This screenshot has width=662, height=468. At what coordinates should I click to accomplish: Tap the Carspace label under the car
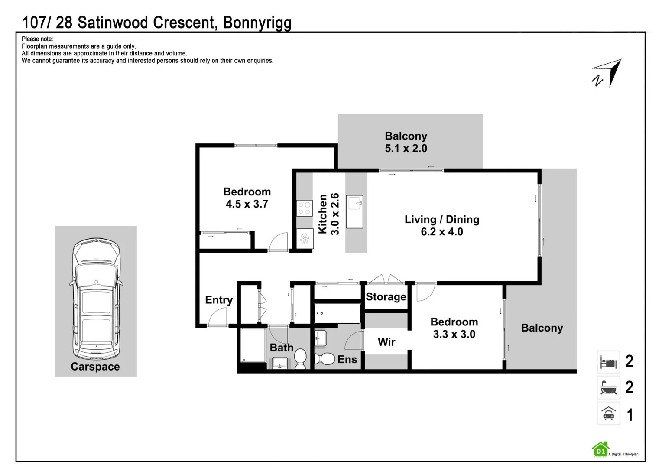coord(95,367)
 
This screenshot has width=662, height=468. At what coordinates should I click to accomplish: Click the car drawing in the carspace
coord(96,298)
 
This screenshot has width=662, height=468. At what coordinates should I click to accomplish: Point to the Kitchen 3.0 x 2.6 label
coord(329,214)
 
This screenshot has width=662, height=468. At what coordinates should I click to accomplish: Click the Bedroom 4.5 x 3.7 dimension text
coord(247,204)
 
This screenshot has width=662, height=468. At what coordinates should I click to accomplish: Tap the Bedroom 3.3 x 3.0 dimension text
coord(454,334)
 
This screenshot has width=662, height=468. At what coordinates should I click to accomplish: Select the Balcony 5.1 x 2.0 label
coord(406,142)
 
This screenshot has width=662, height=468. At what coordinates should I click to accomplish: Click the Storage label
coord(386,297)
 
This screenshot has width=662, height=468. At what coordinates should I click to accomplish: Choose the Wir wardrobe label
coord(386,342)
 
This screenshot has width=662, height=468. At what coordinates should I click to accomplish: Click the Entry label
coord(219,300)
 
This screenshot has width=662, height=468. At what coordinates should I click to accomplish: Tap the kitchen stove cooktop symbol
coord(305,208)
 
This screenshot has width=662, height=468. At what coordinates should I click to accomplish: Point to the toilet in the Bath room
coord(300,359)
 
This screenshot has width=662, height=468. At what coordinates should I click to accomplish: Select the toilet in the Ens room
coord(325,359)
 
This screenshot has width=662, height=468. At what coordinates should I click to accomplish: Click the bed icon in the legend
coord(608,361)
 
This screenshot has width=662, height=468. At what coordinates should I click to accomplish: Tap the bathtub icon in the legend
coord(608,387)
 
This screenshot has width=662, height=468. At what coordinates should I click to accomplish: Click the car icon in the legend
coord(608,414)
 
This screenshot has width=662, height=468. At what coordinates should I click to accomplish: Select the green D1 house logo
coord(600,449)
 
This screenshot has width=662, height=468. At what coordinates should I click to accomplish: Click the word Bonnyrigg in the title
coord(257,23)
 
